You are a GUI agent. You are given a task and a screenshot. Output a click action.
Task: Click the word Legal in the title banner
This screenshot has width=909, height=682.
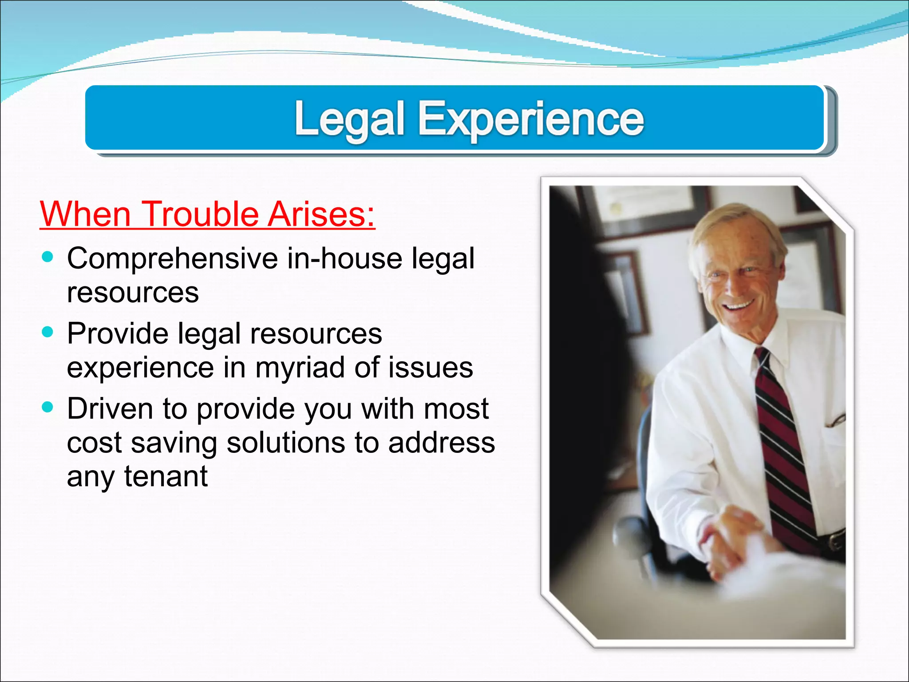coord(349,119)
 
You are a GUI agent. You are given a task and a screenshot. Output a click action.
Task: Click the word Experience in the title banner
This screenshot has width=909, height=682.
coord(531,119)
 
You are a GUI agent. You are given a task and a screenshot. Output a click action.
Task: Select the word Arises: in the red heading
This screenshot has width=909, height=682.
coord(321,214)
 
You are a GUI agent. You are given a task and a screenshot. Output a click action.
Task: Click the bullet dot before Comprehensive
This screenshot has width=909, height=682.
coord(47,257)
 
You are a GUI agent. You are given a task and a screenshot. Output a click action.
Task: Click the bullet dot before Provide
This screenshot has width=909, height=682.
coord(47,332)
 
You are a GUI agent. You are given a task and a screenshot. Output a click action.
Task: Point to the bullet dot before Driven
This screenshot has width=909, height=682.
coord(47,407)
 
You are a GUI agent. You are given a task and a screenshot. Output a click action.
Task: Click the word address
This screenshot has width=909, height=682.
coord(441,443)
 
